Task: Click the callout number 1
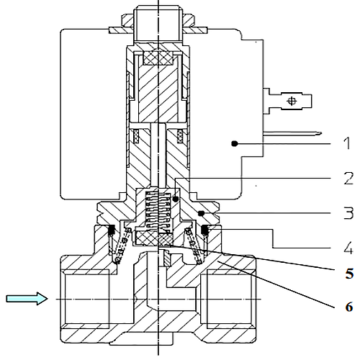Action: tap(346, 143)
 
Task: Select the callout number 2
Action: tap(348, 179)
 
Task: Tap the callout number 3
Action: tap(348, 213)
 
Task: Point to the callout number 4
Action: tap(348, 248)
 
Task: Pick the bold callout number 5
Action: tap(349, 273)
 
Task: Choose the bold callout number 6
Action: tap(349, 307)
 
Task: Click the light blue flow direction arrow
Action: tap(27, 299)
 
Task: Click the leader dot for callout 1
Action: tap(235, 144)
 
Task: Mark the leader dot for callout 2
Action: tap(176, 199)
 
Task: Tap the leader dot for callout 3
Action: tap(202, 213)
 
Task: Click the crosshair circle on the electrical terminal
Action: tap(292, 101)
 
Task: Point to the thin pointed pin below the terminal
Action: tap(292, 133)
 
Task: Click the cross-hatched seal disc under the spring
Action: tap(153, 238)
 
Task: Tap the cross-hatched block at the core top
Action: tap(158, 58)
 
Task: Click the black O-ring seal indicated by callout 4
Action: tap(204, 230)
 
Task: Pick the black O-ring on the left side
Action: tap(112, 230)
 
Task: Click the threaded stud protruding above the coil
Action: tap(158, 24)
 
